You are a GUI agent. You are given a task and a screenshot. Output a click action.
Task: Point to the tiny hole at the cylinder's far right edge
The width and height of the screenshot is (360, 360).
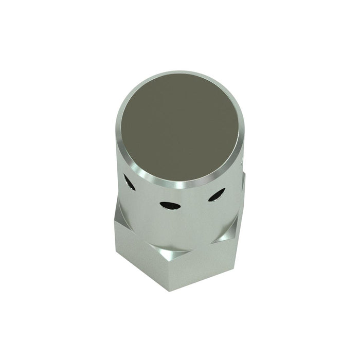(x=242, y=163)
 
